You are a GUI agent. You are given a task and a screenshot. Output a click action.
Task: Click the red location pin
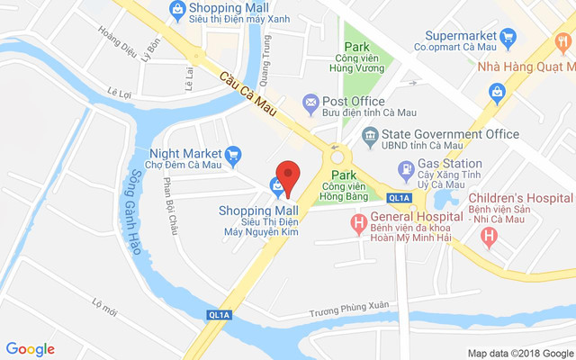click(287, 175)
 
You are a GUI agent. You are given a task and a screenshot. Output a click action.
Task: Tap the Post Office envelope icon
click(310, 102)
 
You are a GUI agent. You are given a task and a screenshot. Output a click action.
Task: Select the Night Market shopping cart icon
click(233, 154)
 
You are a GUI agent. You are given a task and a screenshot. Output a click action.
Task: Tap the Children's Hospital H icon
click(489, 238)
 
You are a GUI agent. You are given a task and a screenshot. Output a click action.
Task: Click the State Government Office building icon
click(369, 135)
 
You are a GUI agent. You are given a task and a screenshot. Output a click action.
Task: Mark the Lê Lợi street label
click(119, 92)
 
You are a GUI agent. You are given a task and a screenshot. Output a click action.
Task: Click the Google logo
click(31, 348)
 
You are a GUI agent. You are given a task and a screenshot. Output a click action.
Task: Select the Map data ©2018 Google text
click(519, 353)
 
